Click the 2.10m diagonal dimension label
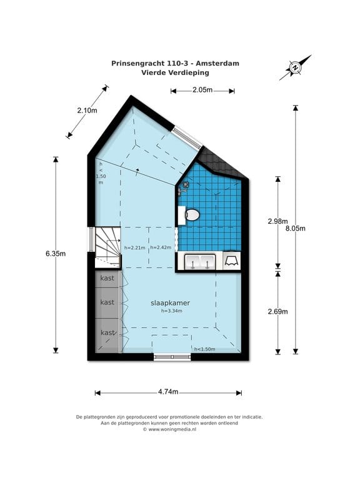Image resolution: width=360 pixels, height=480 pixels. tap(87, 110)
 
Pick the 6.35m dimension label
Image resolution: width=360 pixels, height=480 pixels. tap(56, 254)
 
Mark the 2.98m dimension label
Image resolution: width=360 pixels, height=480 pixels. tap(277, 221)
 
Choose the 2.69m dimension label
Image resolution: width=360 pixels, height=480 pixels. tap(277, 311)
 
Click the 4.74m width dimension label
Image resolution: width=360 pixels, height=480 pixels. tap(167, 392)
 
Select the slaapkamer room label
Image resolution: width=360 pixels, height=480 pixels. tap(170, 303)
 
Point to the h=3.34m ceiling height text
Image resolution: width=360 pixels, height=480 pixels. tap(170, 311)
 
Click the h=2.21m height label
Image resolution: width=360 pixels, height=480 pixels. tap(134, 247)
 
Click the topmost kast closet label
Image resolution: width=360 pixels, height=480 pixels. tap(107, 278)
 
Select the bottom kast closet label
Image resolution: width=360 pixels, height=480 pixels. tap(107, 332)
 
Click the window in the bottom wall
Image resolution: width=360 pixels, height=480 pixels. tap(172, 357)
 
